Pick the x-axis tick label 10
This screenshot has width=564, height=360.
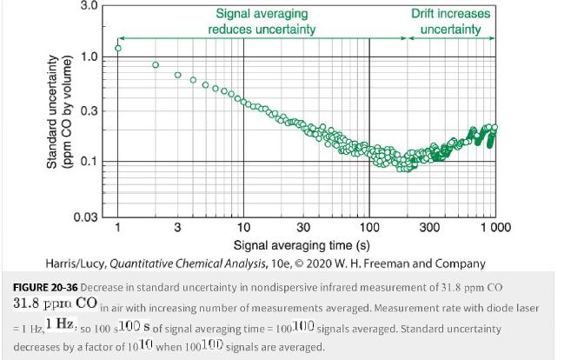click(x=243, y=229)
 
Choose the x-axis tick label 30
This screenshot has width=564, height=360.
click(x=303, y=229)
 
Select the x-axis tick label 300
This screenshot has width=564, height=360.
click(x=428, y=229)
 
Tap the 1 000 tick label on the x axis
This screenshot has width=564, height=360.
click(x=494, y=229)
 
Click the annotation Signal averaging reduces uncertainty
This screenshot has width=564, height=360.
click(x=261, y=22)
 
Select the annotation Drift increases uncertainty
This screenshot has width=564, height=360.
click(x=450, y=22)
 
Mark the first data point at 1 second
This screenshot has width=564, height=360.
click(x=118, y=48)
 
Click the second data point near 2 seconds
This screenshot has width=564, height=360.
click(x=156, y=65)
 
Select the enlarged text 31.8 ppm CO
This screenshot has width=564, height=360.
click(x=54, y=304)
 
